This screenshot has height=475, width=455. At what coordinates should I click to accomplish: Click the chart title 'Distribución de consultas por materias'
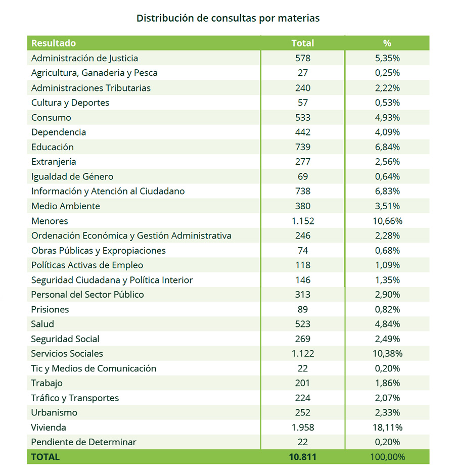[228, 18]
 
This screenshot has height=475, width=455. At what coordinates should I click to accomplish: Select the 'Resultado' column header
[54, 43]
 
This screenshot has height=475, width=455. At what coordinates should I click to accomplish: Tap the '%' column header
[387, 43]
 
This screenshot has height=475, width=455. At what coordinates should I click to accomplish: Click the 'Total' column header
[302, 43]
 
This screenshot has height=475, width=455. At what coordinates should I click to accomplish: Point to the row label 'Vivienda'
[49, 427]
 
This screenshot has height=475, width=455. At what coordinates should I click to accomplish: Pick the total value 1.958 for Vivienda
[302, 427]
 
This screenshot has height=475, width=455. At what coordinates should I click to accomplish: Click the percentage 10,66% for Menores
[387, 221]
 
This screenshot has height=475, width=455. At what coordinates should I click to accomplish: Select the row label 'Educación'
[53, 147]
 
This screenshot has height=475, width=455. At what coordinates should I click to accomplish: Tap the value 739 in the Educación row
[302, 147]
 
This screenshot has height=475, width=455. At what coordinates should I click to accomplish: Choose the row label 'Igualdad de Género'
[72, 177]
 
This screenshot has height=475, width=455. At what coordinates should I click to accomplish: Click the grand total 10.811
[302, 457]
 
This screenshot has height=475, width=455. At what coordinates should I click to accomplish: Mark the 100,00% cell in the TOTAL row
[387, 457]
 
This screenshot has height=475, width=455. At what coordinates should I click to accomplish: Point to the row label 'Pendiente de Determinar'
[83, 442]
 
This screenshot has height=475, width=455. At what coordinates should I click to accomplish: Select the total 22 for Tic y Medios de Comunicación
[302, 368]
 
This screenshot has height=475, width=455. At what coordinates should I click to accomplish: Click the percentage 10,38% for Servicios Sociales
[387, 354]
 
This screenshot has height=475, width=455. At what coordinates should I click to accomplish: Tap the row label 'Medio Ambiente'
[66, 206]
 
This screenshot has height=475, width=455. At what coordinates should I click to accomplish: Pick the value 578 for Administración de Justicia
[302, 58]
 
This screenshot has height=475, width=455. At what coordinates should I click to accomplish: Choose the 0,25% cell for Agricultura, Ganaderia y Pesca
[387, 73]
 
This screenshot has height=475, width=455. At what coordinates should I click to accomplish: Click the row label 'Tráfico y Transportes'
[75, 398]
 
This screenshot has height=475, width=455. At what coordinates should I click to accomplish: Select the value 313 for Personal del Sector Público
[302, 295]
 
